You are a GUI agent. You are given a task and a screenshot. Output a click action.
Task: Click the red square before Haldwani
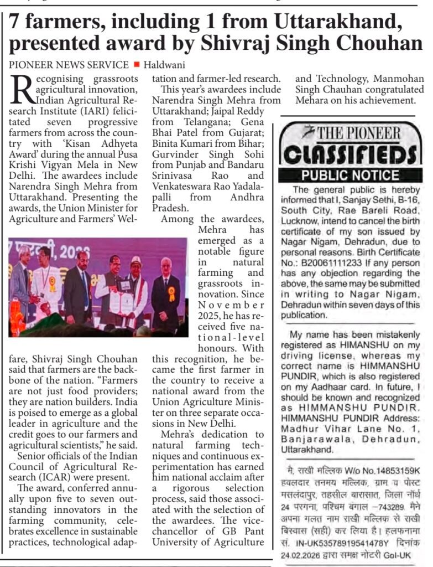pos(136,64)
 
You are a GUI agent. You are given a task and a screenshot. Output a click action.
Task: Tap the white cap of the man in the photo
pos(136,260)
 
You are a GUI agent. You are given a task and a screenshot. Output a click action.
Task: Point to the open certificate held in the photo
pos(123,302)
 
